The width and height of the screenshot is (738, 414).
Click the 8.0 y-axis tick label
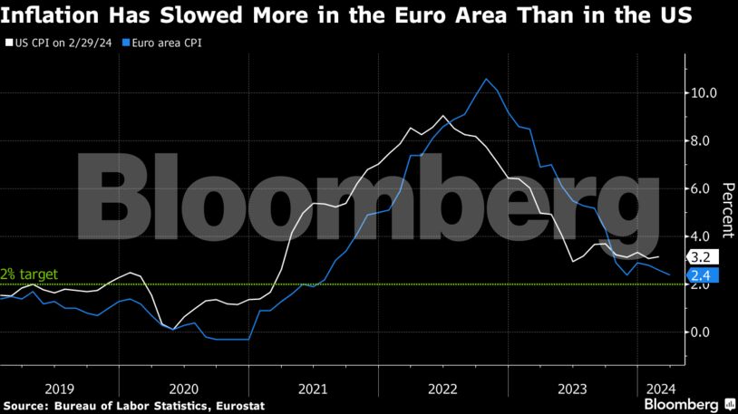pos(705,140)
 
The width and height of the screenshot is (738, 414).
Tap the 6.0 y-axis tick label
pos(705,188)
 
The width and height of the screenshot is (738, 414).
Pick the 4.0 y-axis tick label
pos(705,236)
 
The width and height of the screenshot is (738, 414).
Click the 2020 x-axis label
pos(184,386)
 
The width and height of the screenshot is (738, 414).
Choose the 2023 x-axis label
pos(568,386)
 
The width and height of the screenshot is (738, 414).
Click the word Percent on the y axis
pos(727,211)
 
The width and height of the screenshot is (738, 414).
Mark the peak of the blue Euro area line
pos(486,79)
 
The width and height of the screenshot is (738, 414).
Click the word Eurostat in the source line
pos(241,404)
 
